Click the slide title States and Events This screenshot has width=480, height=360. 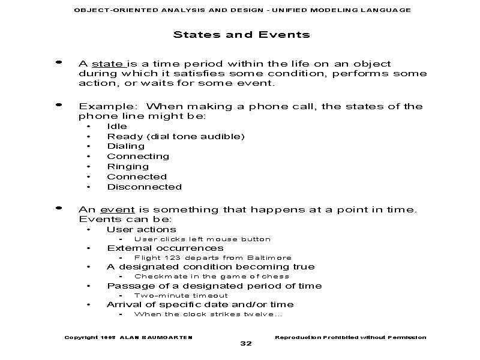point(241,35)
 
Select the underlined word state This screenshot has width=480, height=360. point(108,64)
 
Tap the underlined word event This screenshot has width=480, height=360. point(118,209)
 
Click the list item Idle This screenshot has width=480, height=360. point(117,127)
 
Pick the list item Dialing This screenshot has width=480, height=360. point(125,146)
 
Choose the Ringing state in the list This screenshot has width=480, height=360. point(128,167)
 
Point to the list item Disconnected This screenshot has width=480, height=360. point(144,187)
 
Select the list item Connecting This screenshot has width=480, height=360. point(138,157)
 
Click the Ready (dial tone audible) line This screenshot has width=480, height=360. point(176,137)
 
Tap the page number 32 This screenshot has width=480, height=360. point(245,344)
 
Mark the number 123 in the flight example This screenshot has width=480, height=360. point(172,258)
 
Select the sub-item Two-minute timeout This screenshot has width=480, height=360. point(181,296)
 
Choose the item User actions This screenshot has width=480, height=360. point(142,229)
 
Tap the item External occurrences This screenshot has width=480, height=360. point(165,248)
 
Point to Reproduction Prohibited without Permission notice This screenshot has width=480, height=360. point(350,337)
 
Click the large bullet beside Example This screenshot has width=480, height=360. point(58,105)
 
